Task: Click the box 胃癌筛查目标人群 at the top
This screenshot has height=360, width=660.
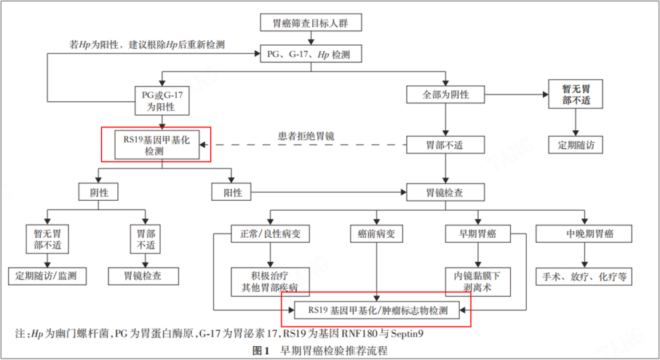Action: pos(309,23)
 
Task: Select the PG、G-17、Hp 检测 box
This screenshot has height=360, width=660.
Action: pos(309,54)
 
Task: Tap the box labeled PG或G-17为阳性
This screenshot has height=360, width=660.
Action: pos(162,100)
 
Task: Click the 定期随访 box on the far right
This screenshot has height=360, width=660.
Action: pos(576,144)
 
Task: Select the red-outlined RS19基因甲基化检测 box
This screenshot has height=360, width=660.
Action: pos(156,145)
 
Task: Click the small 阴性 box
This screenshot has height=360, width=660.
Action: pos(98,193)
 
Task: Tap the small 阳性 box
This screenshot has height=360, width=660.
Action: pos(231,193)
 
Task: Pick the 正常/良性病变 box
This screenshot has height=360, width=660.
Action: pos(270,234)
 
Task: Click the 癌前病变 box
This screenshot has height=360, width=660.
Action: pos(375,234)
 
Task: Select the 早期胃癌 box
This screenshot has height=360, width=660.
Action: pos(477,234)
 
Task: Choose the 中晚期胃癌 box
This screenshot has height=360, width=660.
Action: pos(583,234)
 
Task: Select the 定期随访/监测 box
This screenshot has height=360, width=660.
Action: pos(47,276)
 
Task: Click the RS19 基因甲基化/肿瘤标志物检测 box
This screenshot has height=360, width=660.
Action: pos(377,311)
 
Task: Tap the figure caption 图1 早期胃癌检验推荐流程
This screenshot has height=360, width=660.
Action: pos(319,351)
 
